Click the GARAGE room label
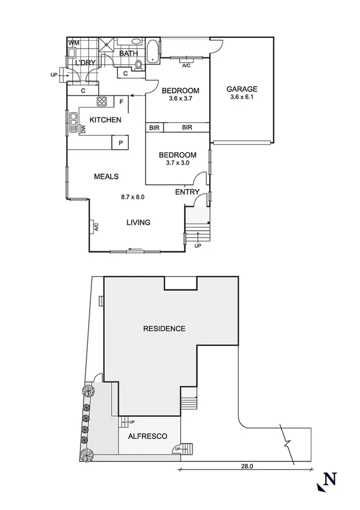pyautogui.click(x=242, y=90)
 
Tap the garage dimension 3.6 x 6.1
pyautogui.click(x=242, y=98)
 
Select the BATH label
pyautogui.click(x=128, y=54)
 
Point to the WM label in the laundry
pyautogui.click(x=74, y=43)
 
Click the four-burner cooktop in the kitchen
pyautogui.click(x=102, y=101)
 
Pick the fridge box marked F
pyautogui.click(x=121, y=102)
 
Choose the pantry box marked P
pyautogui.click(x=121, y=143)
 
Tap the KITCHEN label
pyautogui.click(x=105, y=120)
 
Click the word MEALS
pyautogui.click(x=106, y=176)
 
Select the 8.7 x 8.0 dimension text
pyautogui.click(x=133, y=197)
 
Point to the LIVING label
pyautogui.click(x=138, y=223)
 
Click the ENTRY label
pyautogui.click(x=187, y=192)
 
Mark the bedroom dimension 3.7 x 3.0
pyautogui.click(x=177, y=162)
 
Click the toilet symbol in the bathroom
pyautogui.click(x=138, y=65)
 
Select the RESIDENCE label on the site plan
pyautogui.click(x=164, y=328)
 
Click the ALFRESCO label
pyautogui.click(x=147, y=437)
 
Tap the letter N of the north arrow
pyautogui.click(x=329, y=479)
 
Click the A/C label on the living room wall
pyautogui.click(x=95, y=227)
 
